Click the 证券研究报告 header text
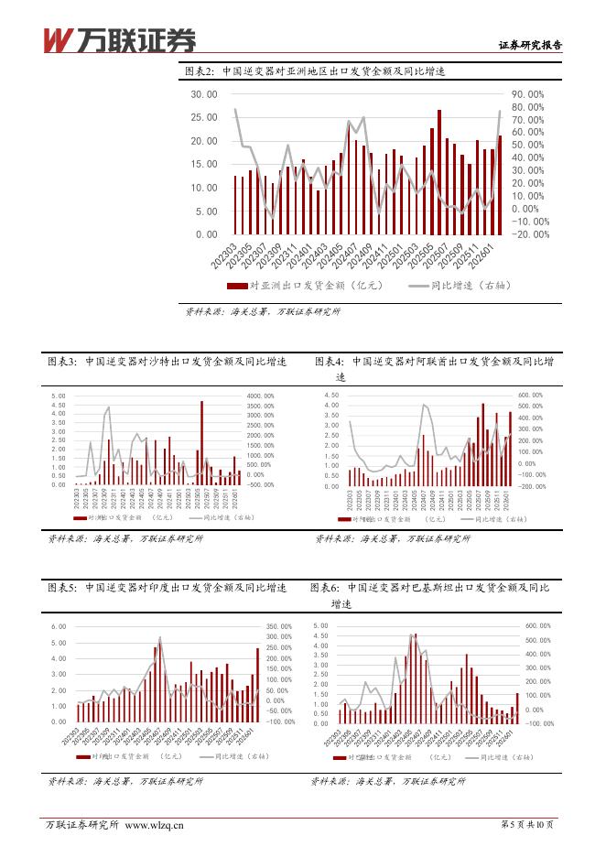click(x=529, y=44)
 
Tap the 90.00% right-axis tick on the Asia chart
click(x=528, y=94)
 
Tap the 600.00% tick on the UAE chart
click(x=531, y=396)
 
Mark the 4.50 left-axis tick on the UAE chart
click(x=332, y=396)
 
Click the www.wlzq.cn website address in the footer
click(x=154, y=825)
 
